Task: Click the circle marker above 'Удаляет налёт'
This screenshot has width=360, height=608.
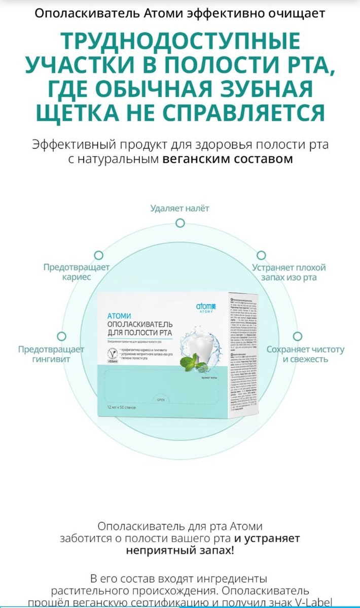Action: coord(179,222)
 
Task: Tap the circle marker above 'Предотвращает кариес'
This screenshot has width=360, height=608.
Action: coord(99,255)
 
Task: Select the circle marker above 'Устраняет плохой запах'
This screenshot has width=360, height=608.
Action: coord(261,255)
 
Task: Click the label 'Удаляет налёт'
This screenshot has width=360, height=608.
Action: coord(179,208)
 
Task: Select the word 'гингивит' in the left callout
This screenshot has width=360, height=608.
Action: coord(51,359)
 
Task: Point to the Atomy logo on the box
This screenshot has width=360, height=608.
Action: coord(206,307)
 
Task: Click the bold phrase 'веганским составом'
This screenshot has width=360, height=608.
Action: coord(228,159)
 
